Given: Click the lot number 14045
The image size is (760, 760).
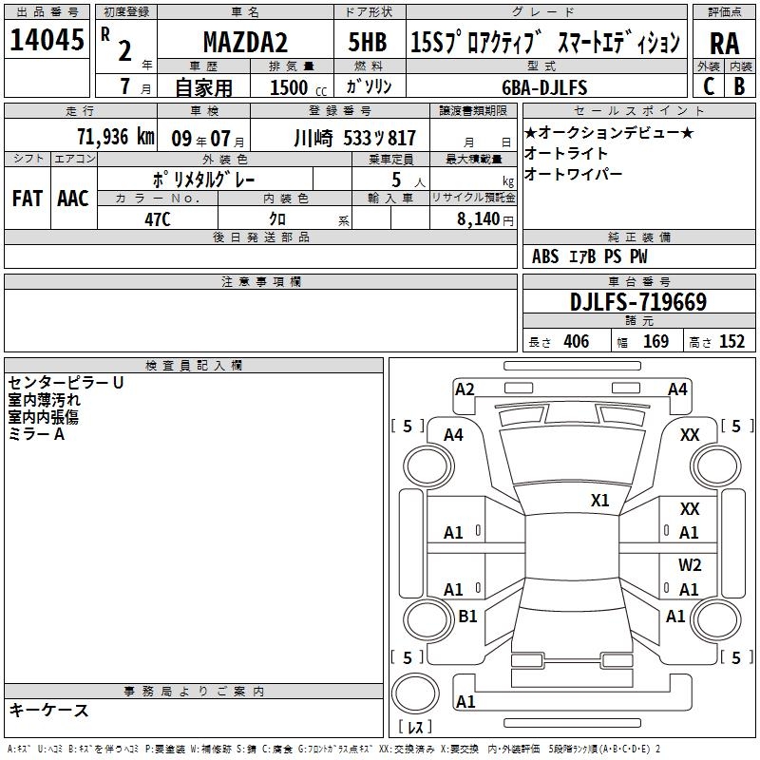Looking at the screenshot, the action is click(47, 40).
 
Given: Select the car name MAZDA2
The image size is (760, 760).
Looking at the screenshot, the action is click(245, 42).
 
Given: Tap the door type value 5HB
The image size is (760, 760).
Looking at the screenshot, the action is click(368, 42).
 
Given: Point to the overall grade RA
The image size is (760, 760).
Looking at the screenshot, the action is click(724, 44).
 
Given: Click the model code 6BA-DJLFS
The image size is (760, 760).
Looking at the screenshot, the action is click(544, 87).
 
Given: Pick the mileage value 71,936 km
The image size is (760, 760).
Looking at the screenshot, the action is click(116, 136).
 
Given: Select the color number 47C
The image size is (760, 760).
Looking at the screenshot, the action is click(158, 219).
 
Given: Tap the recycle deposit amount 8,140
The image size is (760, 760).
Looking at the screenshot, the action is click(478, 218).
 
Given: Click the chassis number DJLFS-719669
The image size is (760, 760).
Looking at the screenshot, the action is click(638, 301).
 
